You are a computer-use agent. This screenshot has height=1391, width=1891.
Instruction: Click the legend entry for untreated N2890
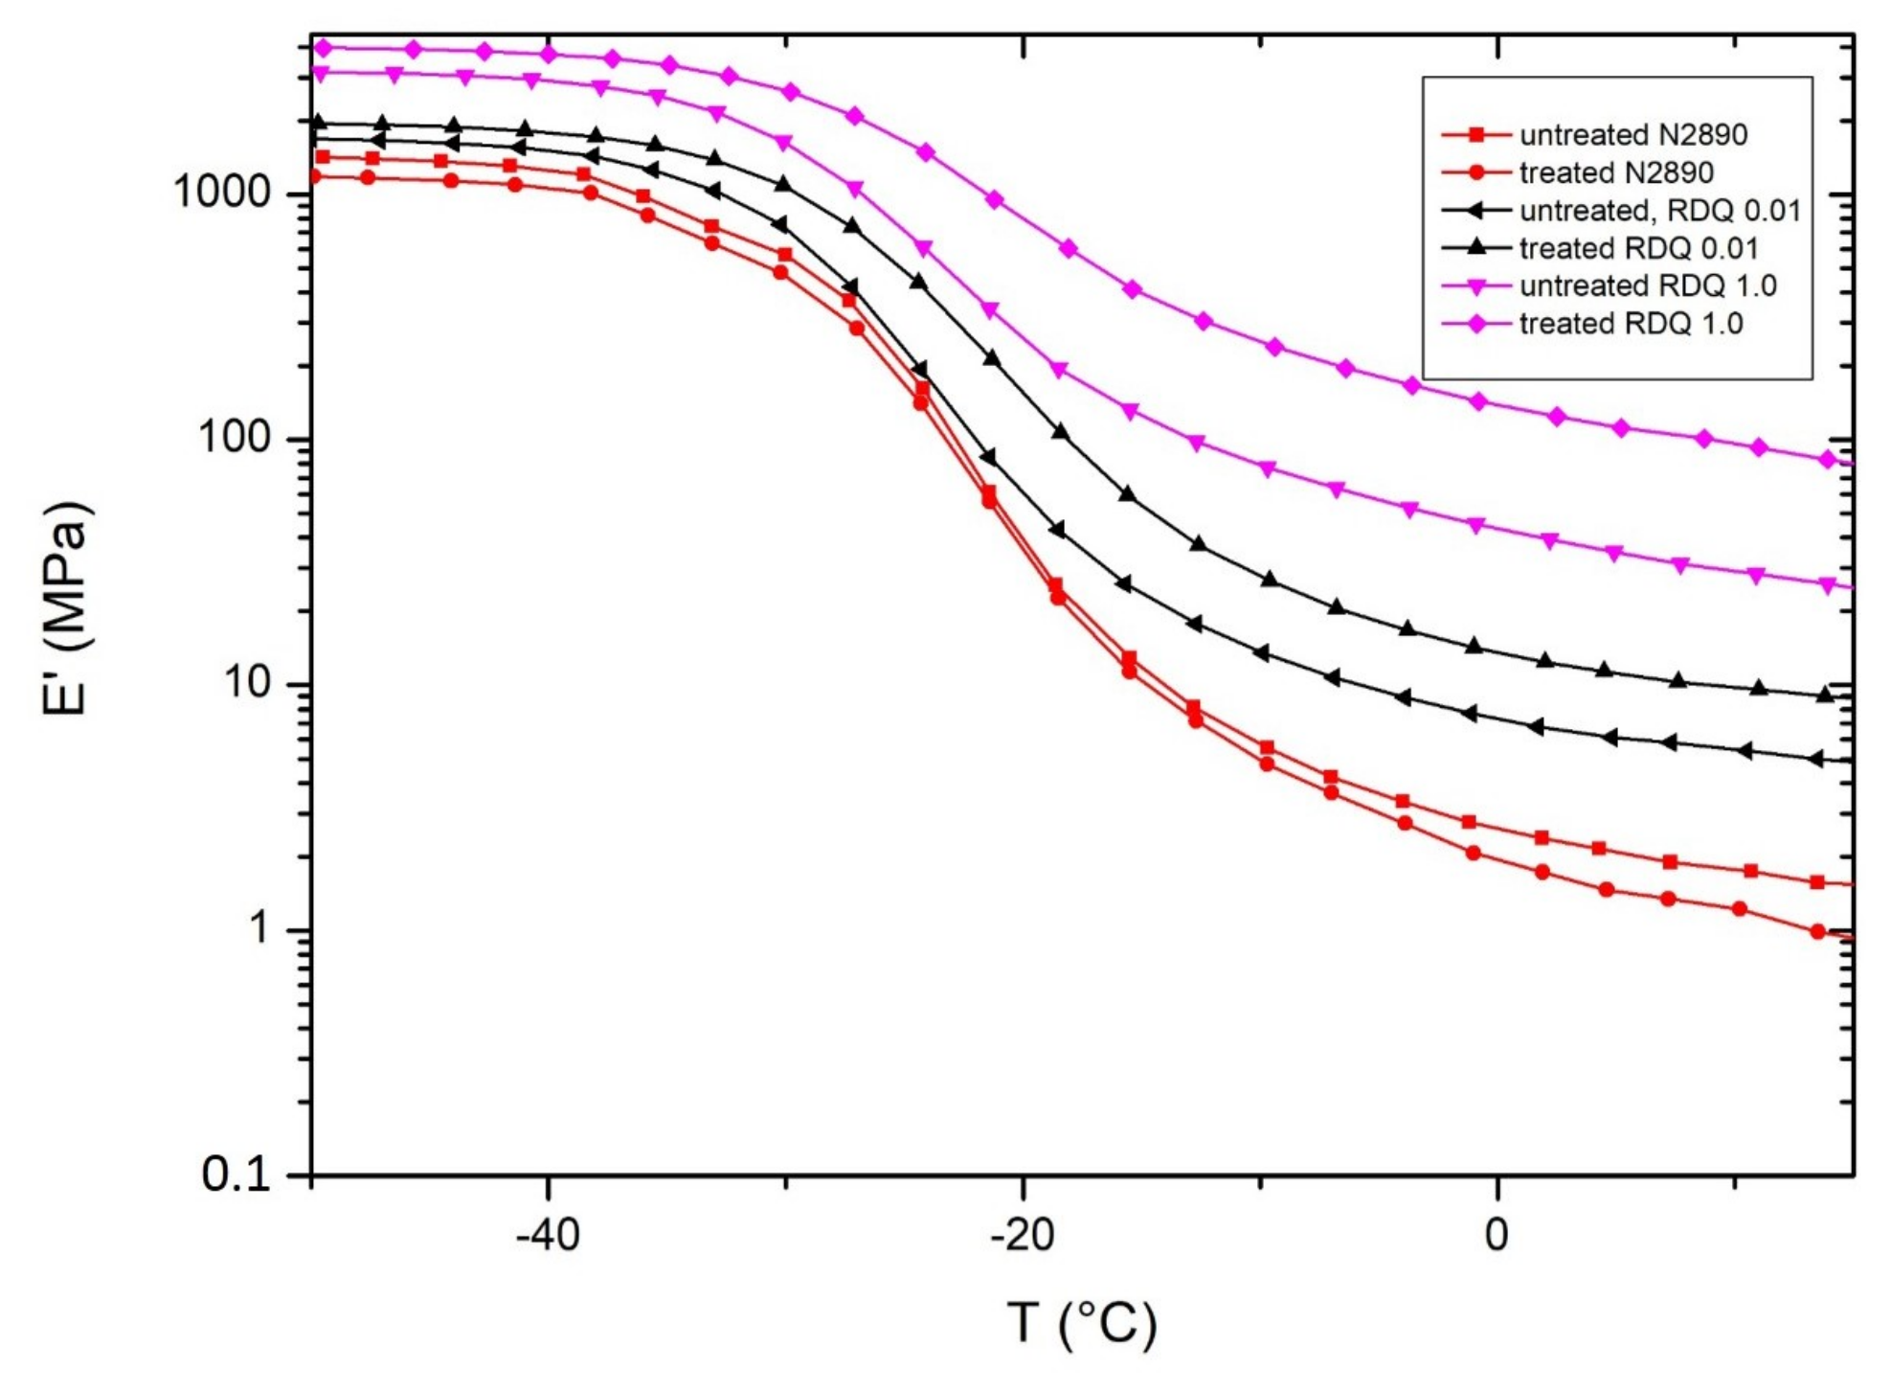(x=1632, y=135)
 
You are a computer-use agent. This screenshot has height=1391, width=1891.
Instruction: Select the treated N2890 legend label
(x=1615, y=172)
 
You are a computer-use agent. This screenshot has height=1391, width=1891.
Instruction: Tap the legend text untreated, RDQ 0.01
(x=1659, y=210)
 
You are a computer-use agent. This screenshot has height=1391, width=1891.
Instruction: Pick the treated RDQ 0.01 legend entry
(x=1638, y=248)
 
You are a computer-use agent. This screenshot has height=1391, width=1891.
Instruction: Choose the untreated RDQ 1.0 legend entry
(x=1647, y=285)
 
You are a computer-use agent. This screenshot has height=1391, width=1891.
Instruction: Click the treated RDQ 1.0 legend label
(x=1631, y=324)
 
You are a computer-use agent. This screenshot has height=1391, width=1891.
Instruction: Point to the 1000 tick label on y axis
(x=222, y=193)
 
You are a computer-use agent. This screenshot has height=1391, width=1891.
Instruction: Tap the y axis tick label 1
(x=259, y=928)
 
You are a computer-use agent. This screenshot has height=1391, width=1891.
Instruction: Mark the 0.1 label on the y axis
(x=236, y=1174)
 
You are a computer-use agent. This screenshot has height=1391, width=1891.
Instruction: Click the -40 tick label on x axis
(x=548, y=1236)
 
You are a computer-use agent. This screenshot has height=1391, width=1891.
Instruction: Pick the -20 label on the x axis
(x=1022, y=1236)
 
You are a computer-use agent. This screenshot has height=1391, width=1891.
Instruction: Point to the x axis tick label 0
(x=1497, y=1236)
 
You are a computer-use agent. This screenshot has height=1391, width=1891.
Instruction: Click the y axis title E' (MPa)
(x=67, y=608)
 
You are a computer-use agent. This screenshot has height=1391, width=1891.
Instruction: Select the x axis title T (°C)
(x=1082, y=1323)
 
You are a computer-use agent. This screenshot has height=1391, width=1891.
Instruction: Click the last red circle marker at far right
(x=1818, y=931)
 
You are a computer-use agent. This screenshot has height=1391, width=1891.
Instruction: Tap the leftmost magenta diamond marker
(x=323, y=47)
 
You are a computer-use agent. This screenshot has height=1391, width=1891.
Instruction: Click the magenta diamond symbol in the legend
(x=1476, y=324)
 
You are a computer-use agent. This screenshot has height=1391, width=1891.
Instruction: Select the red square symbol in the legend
(x=1476, y=135)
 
